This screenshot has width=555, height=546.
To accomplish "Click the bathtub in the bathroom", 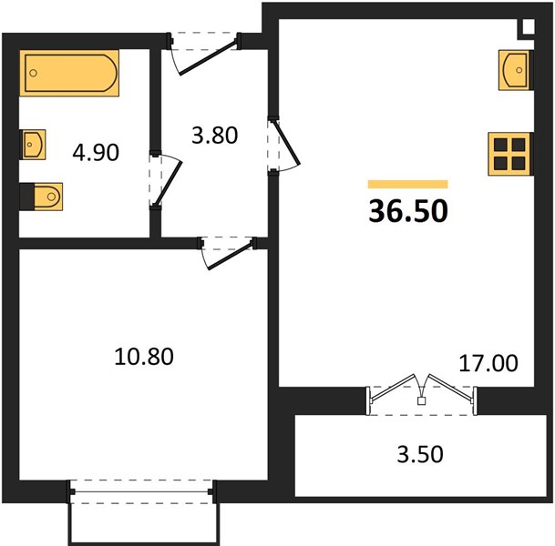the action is pyautogui.click(x=69, y=73).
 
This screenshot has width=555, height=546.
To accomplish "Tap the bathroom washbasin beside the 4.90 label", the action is pyautogui.click(x=34, y=145).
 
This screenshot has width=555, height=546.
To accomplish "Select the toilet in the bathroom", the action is pyautogui.click(x=41, y=197).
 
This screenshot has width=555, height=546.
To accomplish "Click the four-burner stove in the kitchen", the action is pyautogui.click(x=509, y=154).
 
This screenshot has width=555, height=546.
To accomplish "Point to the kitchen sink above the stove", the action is pyautogui.click(x=515, y=70).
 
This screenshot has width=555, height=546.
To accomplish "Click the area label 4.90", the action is pyautogui.click(x=96, y=153).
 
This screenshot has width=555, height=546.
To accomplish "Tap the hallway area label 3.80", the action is pyautogui.click(x=214, y=136).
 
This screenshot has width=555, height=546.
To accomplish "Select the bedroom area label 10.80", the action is pyautogui.click(x=144, y=356).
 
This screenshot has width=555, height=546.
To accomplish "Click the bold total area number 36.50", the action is pyautogui.click(x=408, y=211).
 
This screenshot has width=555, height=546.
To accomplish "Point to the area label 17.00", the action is pyautogui.click(x=488, y=363).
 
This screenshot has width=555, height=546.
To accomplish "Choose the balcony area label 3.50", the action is pyautogui.click(x=420, y=454).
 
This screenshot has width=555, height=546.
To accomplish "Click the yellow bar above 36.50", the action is pyautogui.click(x=408, y=184).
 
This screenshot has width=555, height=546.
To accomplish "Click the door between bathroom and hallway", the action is pyautogui.click(x=167, y=179).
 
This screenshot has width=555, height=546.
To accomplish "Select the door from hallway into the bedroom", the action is pyautogui.click(x=228, y=253).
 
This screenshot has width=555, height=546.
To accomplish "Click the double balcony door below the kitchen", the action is pyautogui.click(x=421, y=394).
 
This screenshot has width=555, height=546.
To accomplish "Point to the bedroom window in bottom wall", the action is pyautogui.click(x=142, y=491).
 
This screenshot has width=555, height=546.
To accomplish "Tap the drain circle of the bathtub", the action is pyautogui.click(x=34, y=73).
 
